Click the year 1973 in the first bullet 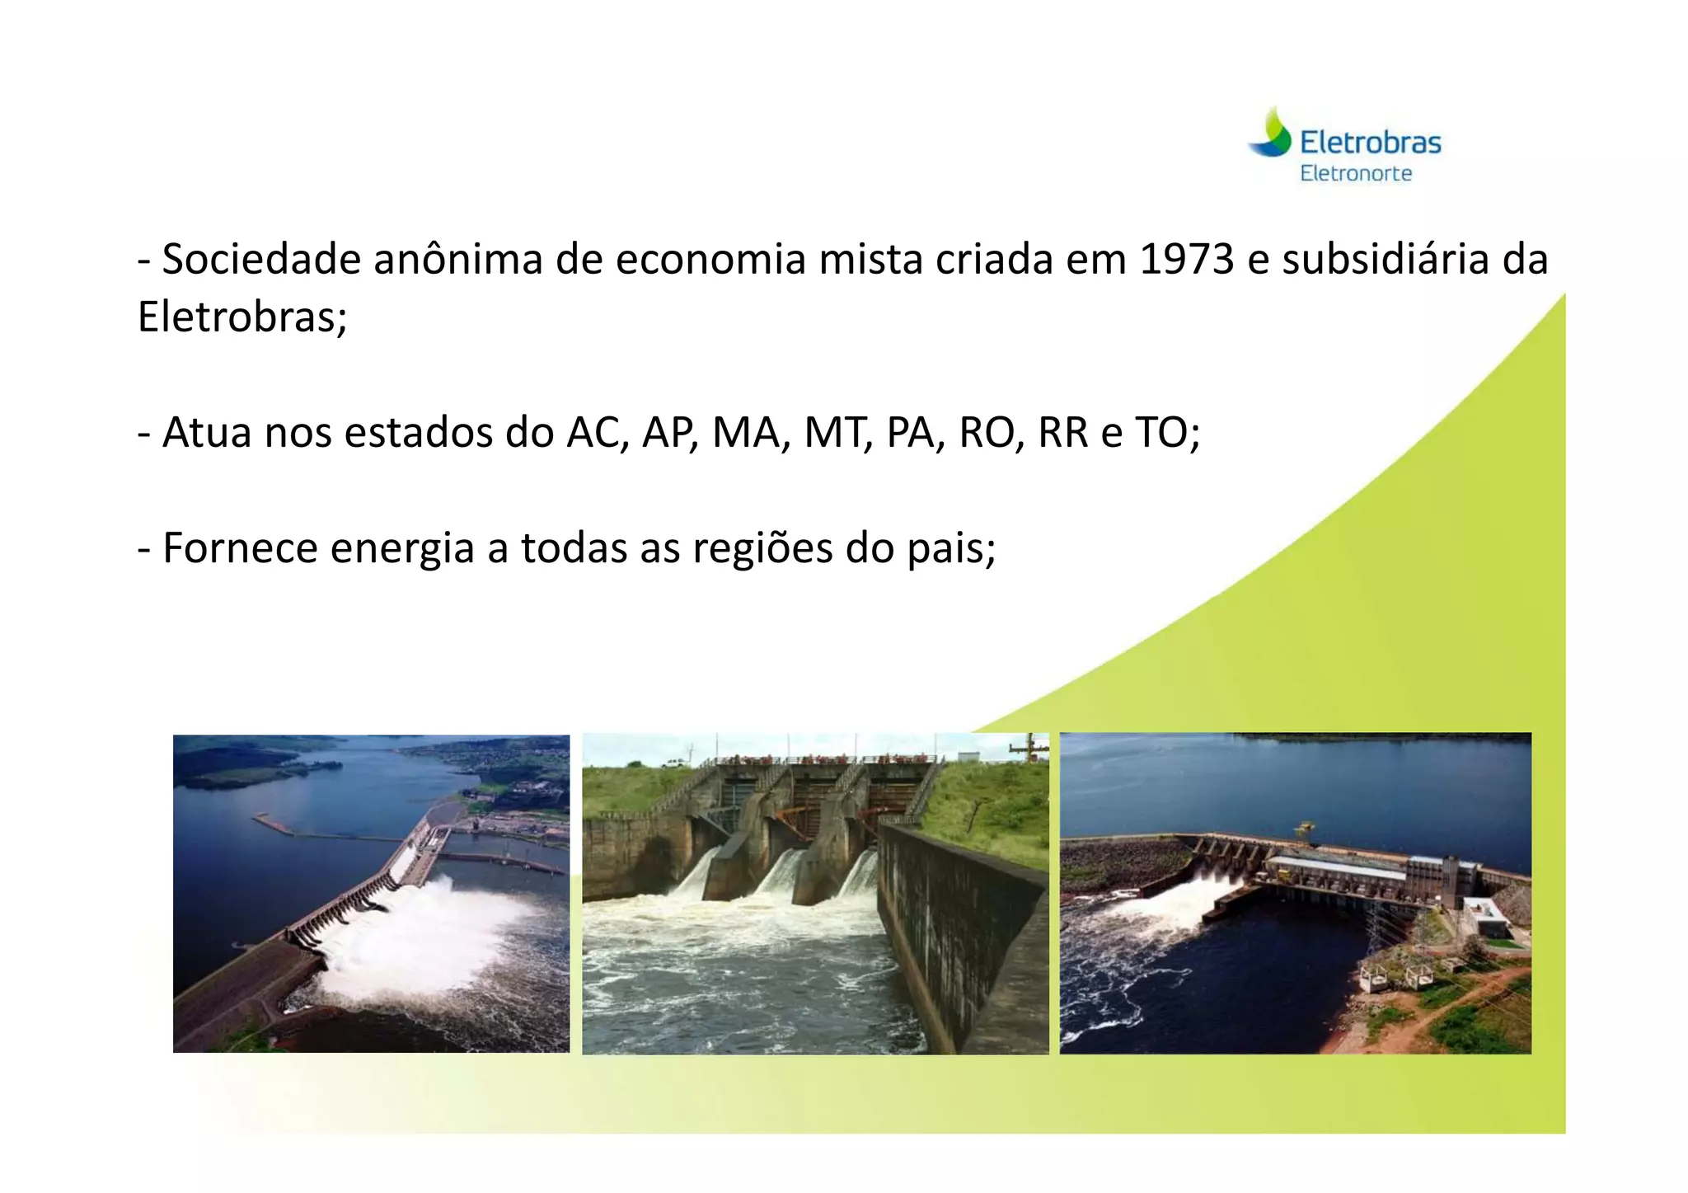point(1186,260)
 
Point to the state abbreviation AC point(594,433)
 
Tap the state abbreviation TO point(1166,433)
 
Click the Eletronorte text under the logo point(1356,174)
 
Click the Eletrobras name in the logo point(1371,143)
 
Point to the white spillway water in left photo point(429,932)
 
